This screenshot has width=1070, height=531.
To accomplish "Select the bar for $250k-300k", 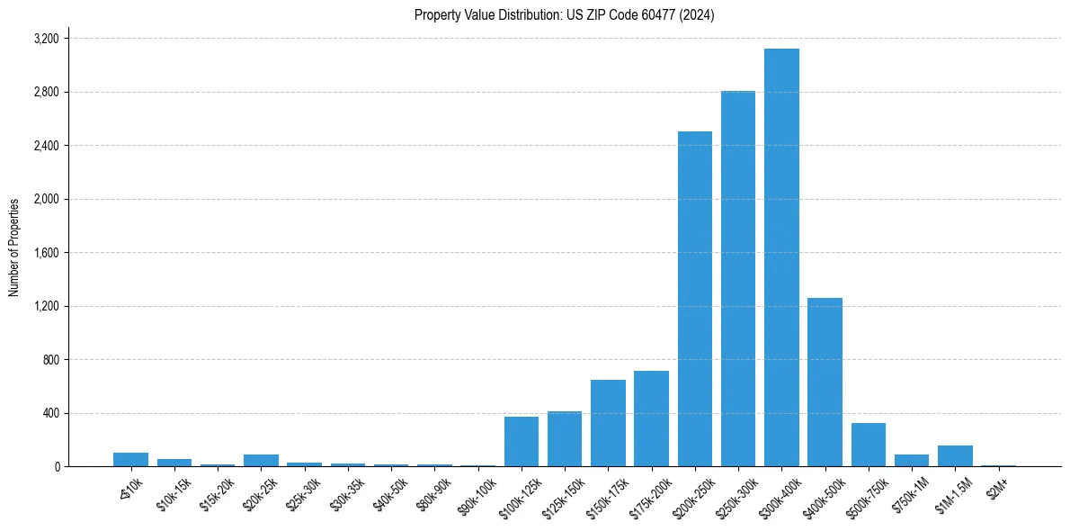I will coord(738,279).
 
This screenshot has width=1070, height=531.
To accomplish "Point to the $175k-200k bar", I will coord(651,418).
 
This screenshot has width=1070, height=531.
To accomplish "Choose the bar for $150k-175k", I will coord(608,423).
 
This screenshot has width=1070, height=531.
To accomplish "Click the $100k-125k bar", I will coord(522,441).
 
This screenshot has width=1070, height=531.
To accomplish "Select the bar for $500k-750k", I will coord(868,445).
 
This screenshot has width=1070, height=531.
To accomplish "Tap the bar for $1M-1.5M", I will coord(955,455).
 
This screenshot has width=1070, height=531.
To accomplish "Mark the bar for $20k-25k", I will coord(261,460).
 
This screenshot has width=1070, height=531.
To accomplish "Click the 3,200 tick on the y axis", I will coord(46,39).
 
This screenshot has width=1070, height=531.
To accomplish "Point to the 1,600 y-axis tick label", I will coord(46,253).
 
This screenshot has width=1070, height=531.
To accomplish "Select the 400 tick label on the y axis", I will coord(50,413).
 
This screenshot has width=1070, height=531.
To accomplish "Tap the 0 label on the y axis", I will coord(57,467).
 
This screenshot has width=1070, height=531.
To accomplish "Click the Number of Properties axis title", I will coord(14,247).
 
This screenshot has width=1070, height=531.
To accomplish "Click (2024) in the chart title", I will coord(698,15).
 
